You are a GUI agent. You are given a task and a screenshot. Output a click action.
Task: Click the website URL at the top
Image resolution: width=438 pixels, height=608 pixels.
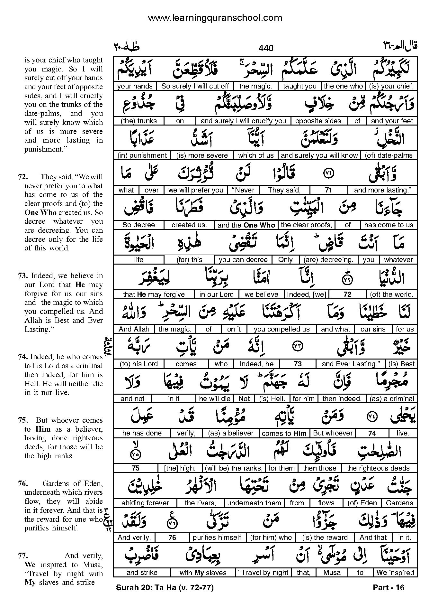pos(215,18)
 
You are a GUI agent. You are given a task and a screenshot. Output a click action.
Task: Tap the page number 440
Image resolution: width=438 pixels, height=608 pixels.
pos(266,48)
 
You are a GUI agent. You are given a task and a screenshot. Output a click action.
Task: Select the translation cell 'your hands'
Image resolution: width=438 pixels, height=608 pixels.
pos(135,86)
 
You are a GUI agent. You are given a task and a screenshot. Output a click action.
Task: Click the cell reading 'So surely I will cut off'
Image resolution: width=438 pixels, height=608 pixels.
pos(195,86)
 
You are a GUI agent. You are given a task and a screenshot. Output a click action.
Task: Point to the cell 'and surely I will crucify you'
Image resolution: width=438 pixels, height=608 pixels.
pos(243,121)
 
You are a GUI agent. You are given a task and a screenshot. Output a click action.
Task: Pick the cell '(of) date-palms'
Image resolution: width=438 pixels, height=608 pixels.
pos(389,155)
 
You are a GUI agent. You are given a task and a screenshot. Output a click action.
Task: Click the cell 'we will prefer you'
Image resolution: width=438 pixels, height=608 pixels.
pos(196,190)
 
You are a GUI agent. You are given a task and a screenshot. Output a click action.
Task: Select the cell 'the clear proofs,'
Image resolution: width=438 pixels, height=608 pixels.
pos(306,225)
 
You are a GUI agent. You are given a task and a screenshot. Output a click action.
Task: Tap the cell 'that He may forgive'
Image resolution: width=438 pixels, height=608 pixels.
pos(154,295)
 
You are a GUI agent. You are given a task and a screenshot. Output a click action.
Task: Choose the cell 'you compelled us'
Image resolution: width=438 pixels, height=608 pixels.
pos(282,329)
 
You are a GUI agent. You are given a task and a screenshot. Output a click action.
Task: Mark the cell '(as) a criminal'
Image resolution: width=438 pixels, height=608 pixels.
pos(392,399)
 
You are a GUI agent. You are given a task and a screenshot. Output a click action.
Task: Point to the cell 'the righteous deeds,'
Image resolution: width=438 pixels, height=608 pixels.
pos(379,468)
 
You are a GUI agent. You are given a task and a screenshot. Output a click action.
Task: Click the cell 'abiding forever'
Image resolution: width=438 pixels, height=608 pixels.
pos(145,503)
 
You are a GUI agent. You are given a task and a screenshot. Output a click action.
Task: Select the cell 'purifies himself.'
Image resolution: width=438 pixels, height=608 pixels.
pos(218,538)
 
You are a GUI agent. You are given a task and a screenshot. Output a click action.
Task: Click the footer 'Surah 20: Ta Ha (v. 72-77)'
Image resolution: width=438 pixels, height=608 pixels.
pos(165,588)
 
